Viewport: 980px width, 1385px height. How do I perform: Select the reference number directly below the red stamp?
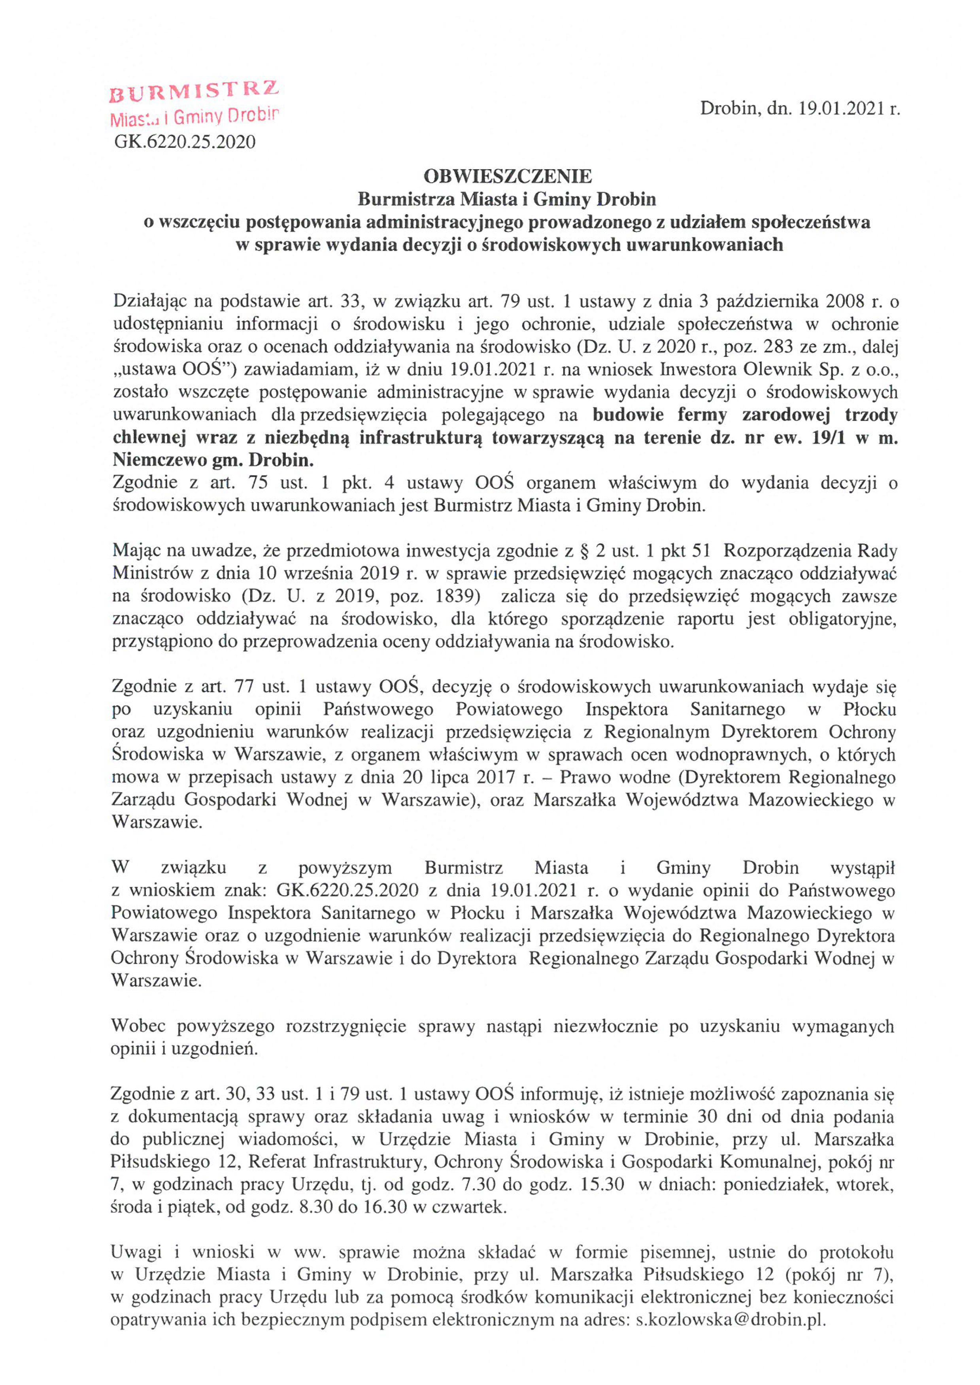tap(185, 142)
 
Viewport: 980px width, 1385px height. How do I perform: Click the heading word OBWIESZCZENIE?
tap(508, 176)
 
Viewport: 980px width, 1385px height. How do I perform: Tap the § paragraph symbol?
tap(582, 551)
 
